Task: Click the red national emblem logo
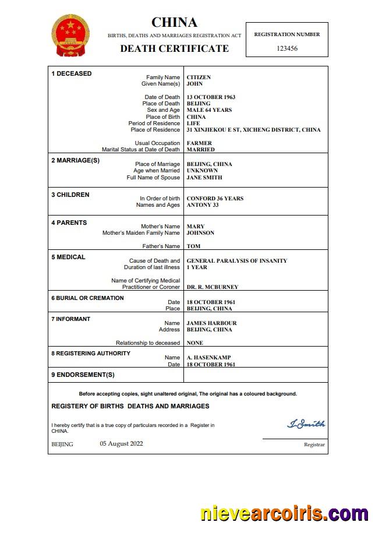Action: pyautogui.click(x=71, y=36)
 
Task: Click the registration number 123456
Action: pyautogui.click(x=287, y=48)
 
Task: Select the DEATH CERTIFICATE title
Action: pyautogui.click(x=174, y=48)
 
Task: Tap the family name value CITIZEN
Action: pyautogui.click(x=199, y=77)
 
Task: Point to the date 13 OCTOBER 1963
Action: pyautogui.click(x=211, y=97)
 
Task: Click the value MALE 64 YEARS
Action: pyautogui.click(x=209, y=110)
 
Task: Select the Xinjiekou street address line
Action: pyautogui.click(x=253, y=130)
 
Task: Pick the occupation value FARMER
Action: pyautogui.click(x=199, y=143)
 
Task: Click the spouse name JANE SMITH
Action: pyautogui.click(x=204, y=178)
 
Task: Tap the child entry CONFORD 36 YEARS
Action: pyautogui.click(x=215, y=199)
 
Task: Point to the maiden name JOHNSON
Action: pyautogui.click(x=200, y=233)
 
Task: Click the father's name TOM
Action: pyautogui.click(x=193, y=246)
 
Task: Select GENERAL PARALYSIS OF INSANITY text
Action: pyautogui.click(x=236, y=261)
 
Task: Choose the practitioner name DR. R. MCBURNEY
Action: pyautogui.click(x=212, y=287)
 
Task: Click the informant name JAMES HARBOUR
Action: pyautogui.click(x=211, y=323)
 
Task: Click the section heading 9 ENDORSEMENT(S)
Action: pyautogui.click(x=83, y=375)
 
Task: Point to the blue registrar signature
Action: pyautogui.click(x=306, y=423)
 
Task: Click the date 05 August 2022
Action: pyautogui.click(x=121, y=444)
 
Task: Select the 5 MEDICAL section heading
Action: pyautogui.click(x=68, y=257)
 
